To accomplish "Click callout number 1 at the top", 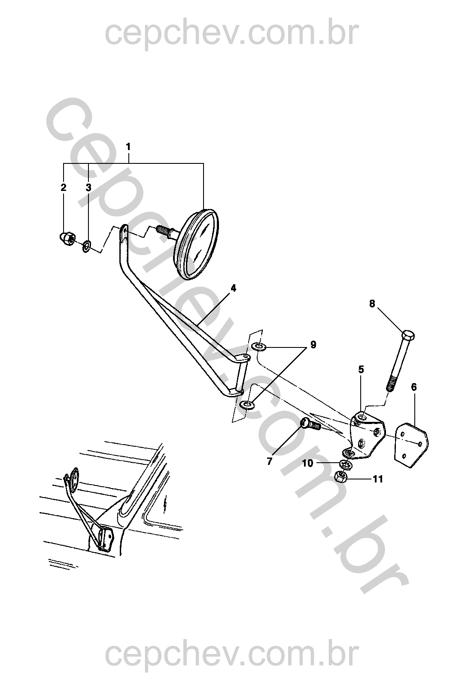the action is pyautogui.click(x=128, y=147).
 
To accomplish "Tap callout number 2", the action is pyautogui.click(x=63, y=187).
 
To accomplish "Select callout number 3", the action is pyautogui.click(x=88, y=187).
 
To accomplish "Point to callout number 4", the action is pyautogui.click(x=233, y=288).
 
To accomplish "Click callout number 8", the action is pyautogui.click(x=372, y=304).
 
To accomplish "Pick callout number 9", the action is pyautogui.click(x=313, y=344).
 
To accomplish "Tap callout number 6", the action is pyautogui.click(x=413, y=387).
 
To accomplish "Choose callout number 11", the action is pyautogui.click(x=378, y=479).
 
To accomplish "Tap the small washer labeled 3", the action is pyautogui.click(x=86, y=246).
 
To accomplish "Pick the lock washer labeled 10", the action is pyautogui.click(x=346, y=465).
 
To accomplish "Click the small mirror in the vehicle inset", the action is pyautogui.click(x=74, y=479).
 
